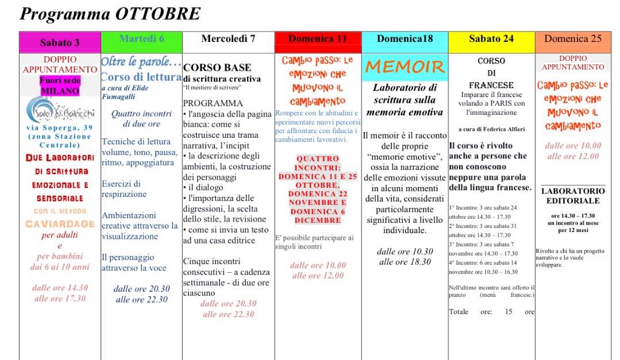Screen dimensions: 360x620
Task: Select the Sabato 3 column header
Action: [60, 42]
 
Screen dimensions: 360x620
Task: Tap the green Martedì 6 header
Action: [141, 39]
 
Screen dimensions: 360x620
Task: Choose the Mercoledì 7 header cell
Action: [228, 39]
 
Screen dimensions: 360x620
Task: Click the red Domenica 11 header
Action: [318, 39]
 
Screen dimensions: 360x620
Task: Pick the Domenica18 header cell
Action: [405, 39]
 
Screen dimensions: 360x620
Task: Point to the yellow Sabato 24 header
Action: [491, 39]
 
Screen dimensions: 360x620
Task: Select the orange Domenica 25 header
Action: [573, 39]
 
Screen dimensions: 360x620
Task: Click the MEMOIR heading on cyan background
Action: [405, 67]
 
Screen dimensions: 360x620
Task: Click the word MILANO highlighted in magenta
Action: [60, 91]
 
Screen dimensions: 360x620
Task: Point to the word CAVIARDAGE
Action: [60, 224]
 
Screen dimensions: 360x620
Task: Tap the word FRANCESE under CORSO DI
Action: [491, 85]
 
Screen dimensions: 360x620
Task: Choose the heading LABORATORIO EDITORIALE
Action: [573, 196]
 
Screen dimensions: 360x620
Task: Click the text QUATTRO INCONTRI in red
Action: [318, 163]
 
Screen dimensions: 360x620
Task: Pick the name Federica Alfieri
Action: [502, 129]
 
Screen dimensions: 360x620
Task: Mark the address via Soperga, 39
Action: [60, 127]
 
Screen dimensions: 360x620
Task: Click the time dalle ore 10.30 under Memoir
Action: [405, 251]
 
